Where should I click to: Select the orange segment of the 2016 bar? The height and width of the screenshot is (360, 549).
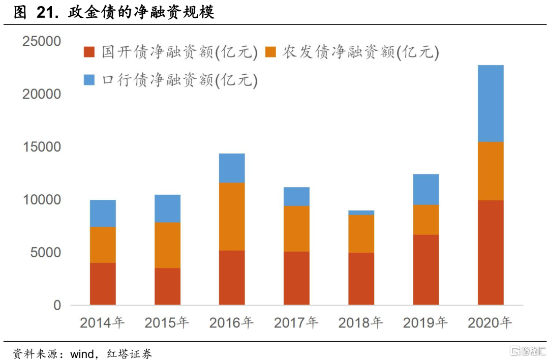pyautogui.click(x=232, y=216)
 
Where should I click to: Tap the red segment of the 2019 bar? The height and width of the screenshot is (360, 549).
pyautogui.click(x=426, y=269)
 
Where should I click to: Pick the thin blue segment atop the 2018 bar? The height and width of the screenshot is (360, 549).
pyautogui.click(x=361, y=213)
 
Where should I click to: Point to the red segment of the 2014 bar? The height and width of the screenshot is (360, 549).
pyautogui.click(x=103, y=284)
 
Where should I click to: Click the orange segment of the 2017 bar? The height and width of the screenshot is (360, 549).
pyautogui.click(x=296, y=228)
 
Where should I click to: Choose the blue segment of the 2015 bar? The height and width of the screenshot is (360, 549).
pyautogui.click(x=167, y=208)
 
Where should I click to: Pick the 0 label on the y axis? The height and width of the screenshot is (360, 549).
pyautogui.click(x=57, y=306)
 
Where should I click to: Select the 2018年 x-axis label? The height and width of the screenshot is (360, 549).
pyautogui.click(x=361, y=322)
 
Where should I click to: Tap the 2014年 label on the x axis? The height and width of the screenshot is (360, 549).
pyautogui.click(x=102, y=322)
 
